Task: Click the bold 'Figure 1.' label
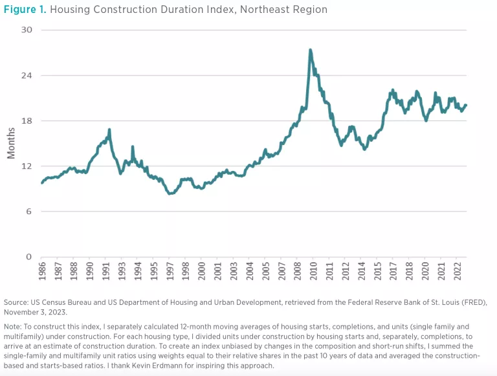tap(25, 10)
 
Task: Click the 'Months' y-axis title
tap(11, 144)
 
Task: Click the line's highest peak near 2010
tap(311, 50)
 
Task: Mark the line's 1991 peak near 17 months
tap(109, 130)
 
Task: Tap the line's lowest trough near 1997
tap(170, 193)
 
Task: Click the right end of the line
tap(466, 105)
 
